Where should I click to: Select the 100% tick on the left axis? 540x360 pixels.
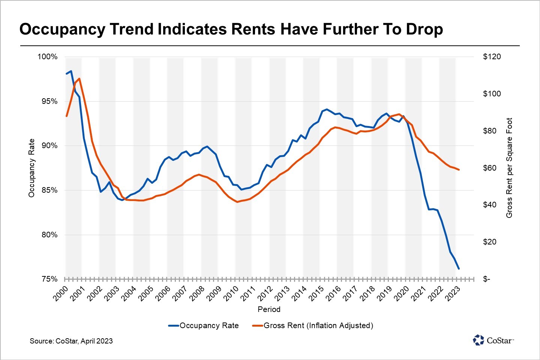47,57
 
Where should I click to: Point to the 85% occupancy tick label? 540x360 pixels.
49,190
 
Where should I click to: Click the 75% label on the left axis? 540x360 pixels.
49,279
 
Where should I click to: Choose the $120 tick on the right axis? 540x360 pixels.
492,57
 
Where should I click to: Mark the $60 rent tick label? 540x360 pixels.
490,168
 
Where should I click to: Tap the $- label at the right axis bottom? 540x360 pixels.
486,279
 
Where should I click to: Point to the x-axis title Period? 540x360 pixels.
269,309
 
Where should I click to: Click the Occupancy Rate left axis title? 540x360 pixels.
31,168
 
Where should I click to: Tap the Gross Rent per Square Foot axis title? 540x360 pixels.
509,168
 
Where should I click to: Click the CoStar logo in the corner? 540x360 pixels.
493,340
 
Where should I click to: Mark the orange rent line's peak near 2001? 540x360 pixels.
79,79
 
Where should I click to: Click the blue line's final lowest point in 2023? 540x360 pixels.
459,268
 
